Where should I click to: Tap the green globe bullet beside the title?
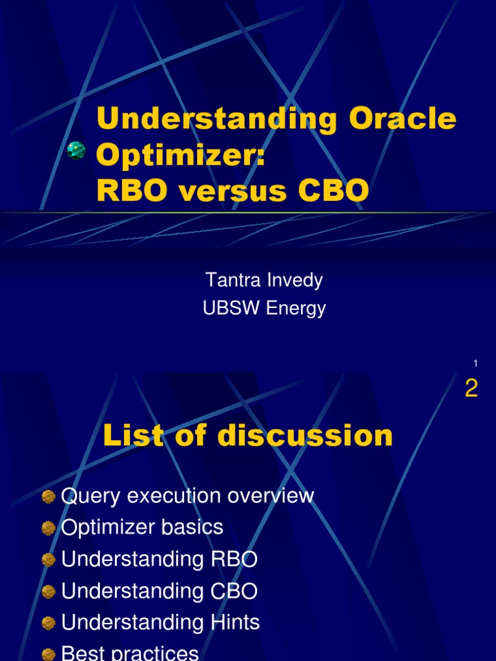tap(76, 150)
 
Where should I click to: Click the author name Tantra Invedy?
tap(263, 280)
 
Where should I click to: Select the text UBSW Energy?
tap(264, 309)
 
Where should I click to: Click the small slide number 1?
tap(475, 364)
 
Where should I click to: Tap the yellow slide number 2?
tap(471, 389)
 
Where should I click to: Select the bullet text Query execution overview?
tap(187, 496)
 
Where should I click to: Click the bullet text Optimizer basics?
tap(142, 527)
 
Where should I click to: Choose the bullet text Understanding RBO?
tap(159, 559)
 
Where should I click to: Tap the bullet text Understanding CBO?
tap(159, 591)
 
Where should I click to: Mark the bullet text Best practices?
tap(130, 653)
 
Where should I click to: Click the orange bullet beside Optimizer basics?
tap(48, 528)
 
